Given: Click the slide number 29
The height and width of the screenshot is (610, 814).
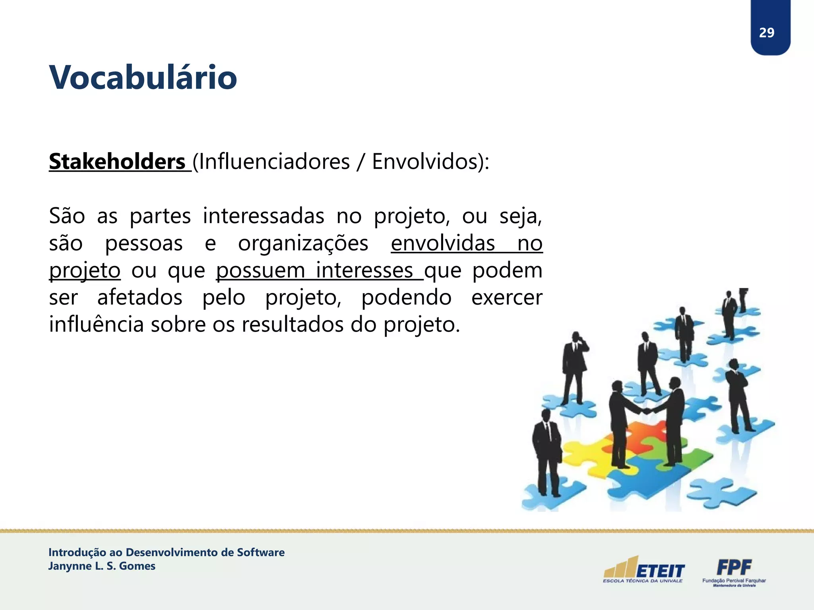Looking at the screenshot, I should click(766, 33).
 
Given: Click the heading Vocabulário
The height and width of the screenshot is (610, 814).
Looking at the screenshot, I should click(143, 77).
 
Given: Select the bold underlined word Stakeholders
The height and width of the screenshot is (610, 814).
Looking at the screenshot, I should click(117, 162).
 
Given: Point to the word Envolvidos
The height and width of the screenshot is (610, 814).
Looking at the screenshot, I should click(424, 162).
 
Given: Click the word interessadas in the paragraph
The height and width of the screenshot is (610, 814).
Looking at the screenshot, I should click(263, 216).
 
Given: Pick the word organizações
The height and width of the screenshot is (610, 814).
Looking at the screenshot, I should click(303, 243).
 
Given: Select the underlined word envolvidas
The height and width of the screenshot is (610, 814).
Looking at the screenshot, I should click(442, 243).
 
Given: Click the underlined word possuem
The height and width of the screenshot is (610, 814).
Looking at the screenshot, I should click(260, 271).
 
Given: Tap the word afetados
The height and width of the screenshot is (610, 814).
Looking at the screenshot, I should click(140, 298).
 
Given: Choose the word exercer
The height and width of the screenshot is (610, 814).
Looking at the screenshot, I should click(507, 298).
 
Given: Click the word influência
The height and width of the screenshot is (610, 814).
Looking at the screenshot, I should click(96, 325).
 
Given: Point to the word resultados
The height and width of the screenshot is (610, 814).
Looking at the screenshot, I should click(293, 325).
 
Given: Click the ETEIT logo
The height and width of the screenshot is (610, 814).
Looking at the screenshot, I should click(644, 570).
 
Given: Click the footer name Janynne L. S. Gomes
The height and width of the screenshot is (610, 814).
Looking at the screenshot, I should click(102, 566).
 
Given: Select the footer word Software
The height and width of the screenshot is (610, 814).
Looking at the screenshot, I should click(261, 552).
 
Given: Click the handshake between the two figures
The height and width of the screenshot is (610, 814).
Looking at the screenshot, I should click(647, 411).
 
